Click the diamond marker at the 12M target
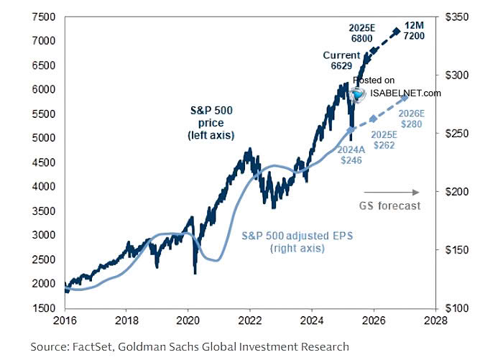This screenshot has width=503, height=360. tap(397, 31)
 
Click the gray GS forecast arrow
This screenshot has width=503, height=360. tap(392, 192)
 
